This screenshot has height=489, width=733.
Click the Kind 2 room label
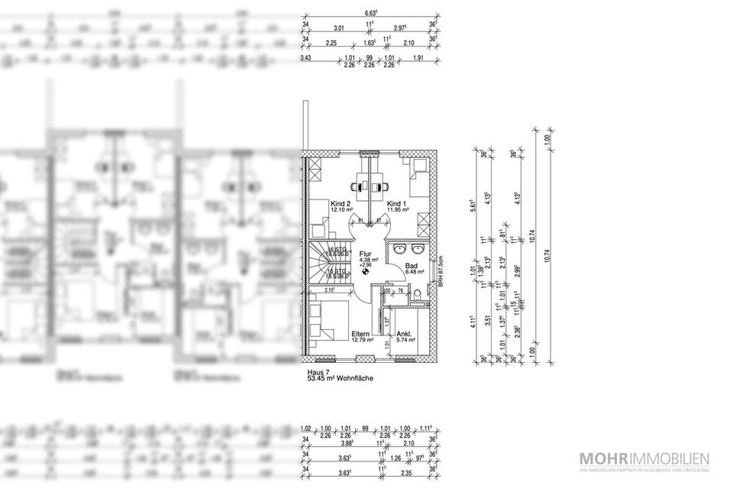point(341,204)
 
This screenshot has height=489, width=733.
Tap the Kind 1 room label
point(397,204)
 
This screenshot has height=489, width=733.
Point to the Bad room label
point(411,265)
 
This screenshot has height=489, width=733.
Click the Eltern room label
point(360,334)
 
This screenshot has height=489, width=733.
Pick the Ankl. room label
point(405,334)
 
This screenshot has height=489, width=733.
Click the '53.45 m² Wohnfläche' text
point(341,377)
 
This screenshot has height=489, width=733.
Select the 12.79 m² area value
point(362,341)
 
